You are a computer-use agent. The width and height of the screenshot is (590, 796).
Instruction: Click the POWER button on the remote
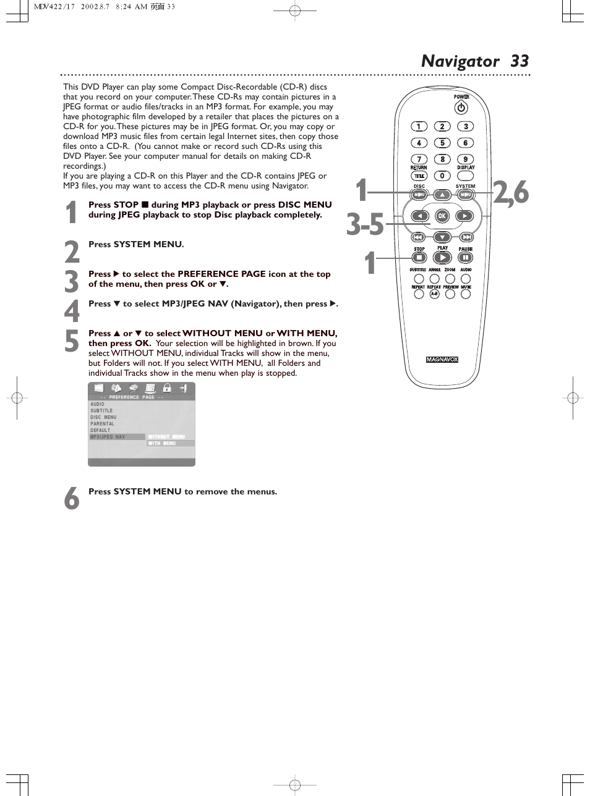click(461, 108)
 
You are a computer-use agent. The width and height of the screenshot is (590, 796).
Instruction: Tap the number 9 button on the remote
click(465, 159)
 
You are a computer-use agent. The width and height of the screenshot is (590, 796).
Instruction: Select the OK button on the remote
click(442, 216)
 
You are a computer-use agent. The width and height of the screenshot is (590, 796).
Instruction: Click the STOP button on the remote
click(419, 258)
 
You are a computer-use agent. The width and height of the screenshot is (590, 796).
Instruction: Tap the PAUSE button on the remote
click(465, 258)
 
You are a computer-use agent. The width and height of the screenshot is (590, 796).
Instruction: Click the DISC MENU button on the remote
click(419, 195)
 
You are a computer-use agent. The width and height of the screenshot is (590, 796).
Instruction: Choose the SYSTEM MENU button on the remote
click(465, 195)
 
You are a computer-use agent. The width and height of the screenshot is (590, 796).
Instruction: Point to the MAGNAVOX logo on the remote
click(442, 360)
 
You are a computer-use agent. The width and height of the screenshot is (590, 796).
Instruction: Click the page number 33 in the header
click(519, 61)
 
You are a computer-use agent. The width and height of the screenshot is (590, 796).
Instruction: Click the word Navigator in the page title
click(460, 61)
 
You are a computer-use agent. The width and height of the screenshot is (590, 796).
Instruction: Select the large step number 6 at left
click(72, 497)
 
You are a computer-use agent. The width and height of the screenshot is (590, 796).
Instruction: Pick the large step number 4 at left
click(72, 310)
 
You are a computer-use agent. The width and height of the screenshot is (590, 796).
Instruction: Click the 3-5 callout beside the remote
click(365, 224)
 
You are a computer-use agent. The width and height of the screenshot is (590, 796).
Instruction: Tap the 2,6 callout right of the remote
click(511, 192)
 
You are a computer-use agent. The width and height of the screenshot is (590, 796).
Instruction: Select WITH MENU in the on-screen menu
click(162, 443)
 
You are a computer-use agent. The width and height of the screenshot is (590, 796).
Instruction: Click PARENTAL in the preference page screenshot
click(102, 424)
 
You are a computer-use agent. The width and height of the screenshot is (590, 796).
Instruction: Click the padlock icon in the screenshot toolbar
click(167, 388)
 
